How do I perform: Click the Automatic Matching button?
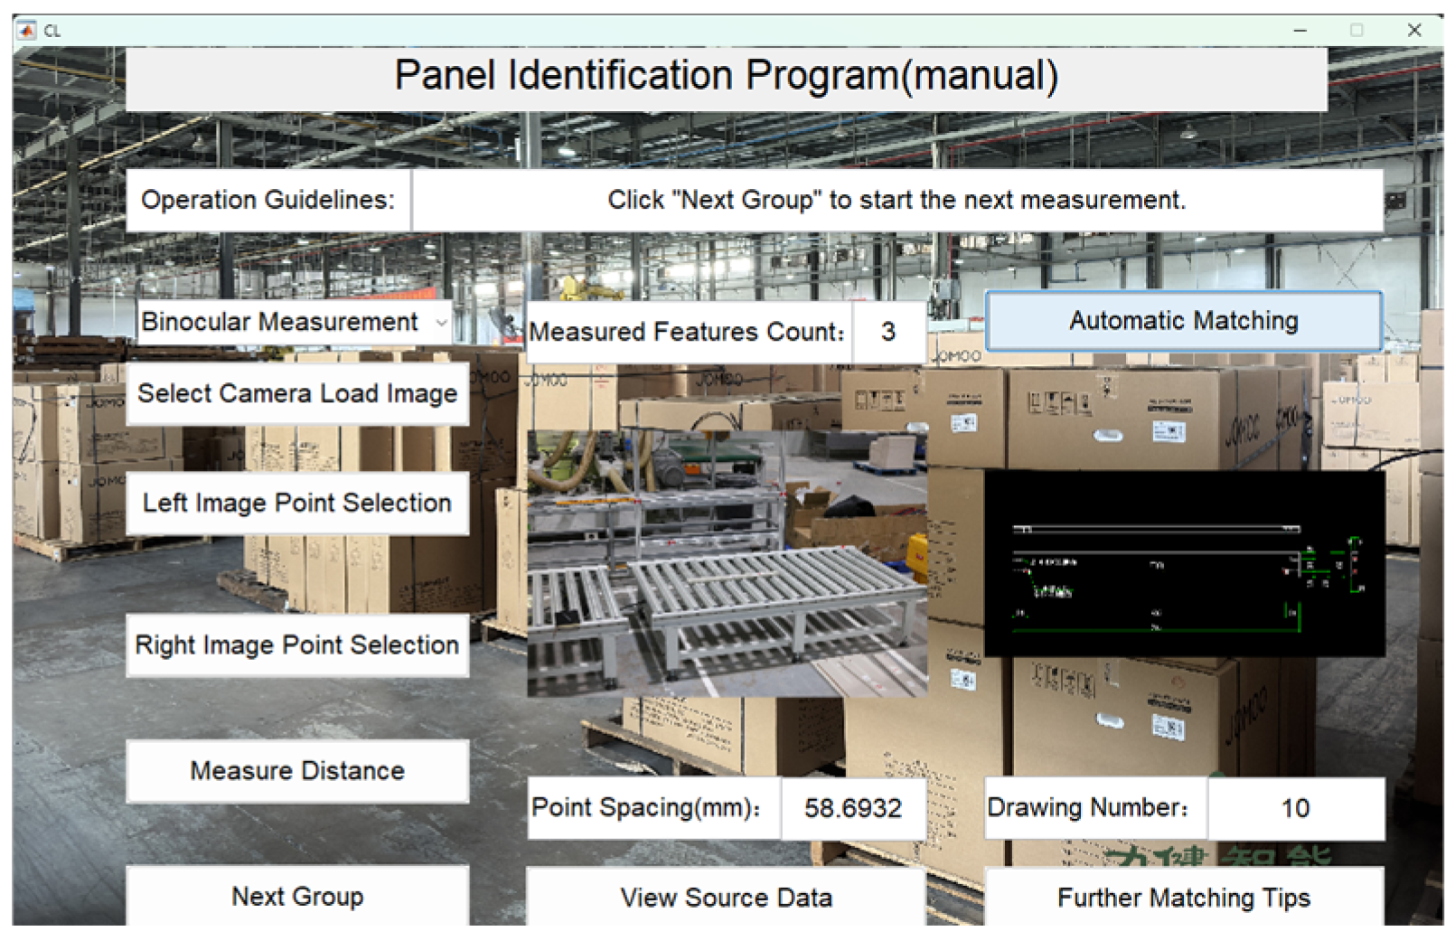1183,321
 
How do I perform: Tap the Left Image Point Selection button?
297,503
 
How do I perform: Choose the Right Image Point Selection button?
297,645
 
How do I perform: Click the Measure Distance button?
297,771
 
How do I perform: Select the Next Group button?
297,897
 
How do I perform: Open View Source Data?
726,898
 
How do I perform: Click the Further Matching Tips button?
1183,898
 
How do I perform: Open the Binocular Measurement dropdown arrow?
441,323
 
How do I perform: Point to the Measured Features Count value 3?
888,332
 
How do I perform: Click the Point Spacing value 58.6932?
853,808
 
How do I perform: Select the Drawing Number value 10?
1295,808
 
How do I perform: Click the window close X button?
1414,30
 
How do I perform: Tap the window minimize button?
1300,30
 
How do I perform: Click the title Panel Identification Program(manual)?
726,76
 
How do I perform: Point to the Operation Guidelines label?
268,200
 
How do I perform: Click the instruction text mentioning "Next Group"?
896,200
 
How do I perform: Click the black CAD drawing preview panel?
1184,563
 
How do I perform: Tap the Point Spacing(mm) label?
646,808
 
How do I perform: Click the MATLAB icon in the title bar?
26,31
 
